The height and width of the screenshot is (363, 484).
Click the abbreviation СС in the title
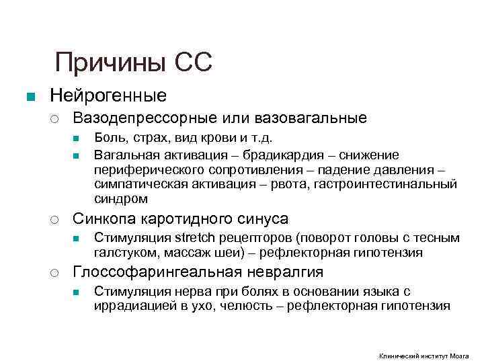click(x=194, y=63)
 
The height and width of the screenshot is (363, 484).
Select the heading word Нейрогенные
click(x=108, y=95)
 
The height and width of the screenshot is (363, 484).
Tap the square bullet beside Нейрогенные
click(x=29, y=96)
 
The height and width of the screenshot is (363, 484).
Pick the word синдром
click(x=120, y=199)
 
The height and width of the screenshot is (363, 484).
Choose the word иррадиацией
click(x=130, y=307)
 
